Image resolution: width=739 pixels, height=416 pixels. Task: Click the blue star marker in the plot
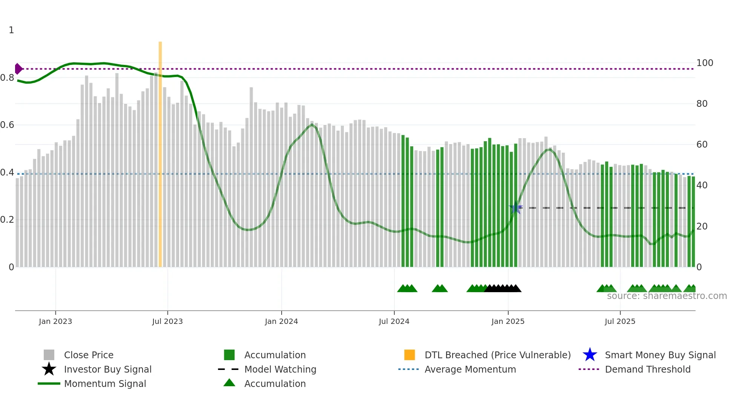(x=515, y=208)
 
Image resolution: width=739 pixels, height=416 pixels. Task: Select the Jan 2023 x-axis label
(x=55, y=321)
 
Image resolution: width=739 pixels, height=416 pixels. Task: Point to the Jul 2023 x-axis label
(x=167, y=321)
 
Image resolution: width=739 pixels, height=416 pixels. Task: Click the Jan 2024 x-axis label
(x=281, y=321)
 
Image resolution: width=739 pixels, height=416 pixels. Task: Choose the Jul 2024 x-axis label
(x=394, y=321)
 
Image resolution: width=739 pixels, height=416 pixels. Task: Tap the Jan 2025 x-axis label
(x=508, y=321)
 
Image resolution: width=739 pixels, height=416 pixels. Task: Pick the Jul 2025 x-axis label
(x=620, y=321)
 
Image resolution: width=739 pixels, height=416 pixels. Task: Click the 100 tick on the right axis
(x=705, y=63)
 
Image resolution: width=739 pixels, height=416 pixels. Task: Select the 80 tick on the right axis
(x=702, y=104)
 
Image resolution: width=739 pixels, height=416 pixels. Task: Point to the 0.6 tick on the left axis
(x=7, y=125)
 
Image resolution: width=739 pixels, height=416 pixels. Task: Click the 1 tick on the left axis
(x=11, y=30)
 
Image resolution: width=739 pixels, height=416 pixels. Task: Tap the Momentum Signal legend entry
(x=105, y=384)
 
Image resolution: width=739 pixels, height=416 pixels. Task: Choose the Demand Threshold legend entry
(x=647, y=369)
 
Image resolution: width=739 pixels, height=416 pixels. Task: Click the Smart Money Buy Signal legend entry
(x=660, y=355)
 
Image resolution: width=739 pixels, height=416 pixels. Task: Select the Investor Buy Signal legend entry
(x=107, y=369)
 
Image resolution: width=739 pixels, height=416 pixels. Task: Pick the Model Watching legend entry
(x=280, y=369)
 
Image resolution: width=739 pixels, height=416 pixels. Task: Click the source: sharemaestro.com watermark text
(x=667, y=296)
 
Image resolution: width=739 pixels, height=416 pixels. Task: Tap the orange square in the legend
(x=409, y=355)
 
